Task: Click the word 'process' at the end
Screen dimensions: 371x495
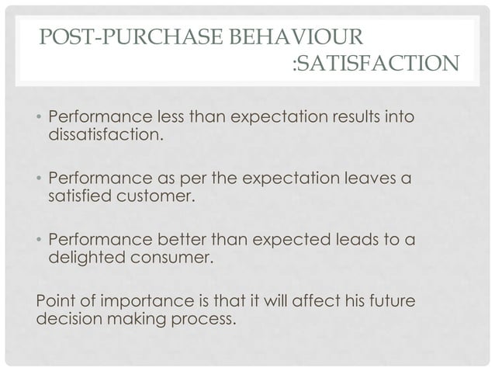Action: point(203,317)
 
